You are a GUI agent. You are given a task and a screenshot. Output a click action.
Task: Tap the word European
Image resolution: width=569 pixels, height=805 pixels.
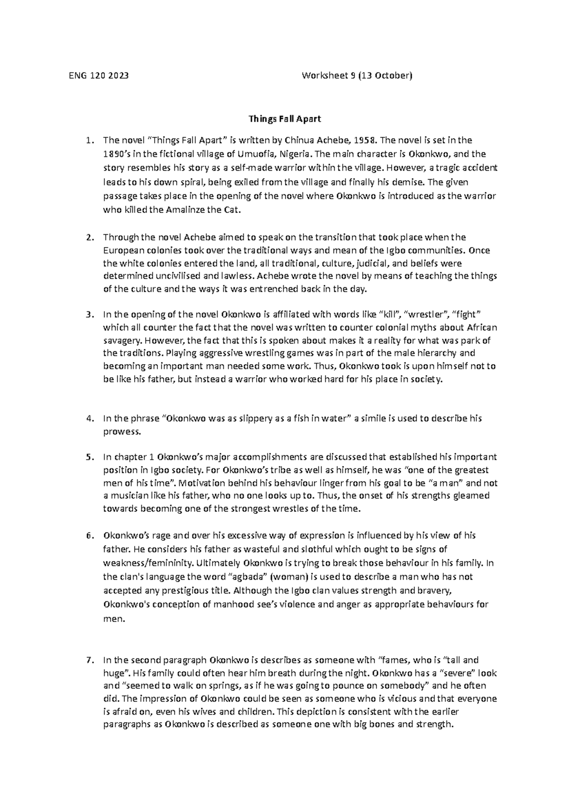(121, 250)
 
